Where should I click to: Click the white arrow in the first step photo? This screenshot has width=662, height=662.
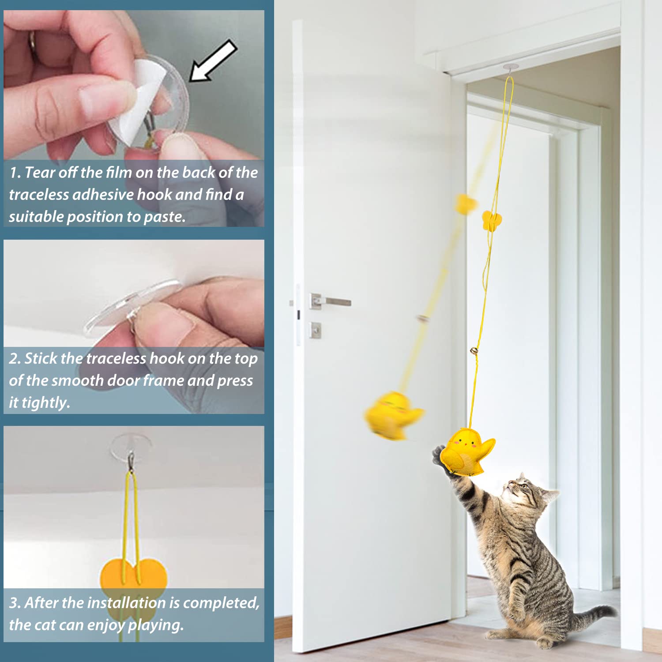click(x=213, y=61)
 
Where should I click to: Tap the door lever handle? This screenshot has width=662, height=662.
click(x=331, y=301)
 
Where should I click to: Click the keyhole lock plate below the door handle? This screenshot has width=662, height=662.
click(x=315, y=330)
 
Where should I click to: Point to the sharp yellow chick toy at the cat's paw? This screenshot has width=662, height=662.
click(x=468, y=452)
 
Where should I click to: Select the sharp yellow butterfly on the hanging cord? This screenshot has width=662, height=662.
click(x=491, y=220)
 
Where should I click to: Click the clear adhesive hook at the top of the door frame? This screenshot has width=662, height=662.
click(x=509, y=68)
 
